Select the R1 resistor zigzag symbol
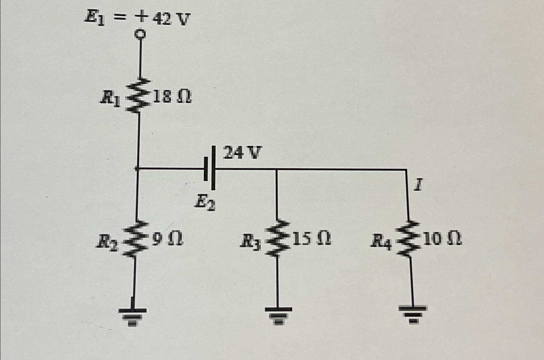pos(140,95)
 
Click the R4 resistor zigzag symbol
pos(409,238)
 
